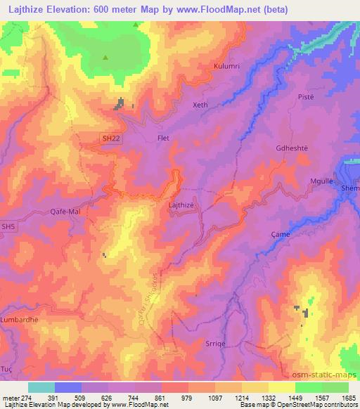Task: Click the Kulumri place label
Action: pos(228,67)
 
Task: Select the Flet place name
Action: pos(164,138)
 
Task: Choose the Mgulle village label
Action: pos(322,181)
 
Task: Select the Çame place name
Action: pos(281,235)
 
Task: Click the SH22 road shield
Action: pos(111,139)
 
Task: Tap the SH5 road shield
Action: pos(8,226)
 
